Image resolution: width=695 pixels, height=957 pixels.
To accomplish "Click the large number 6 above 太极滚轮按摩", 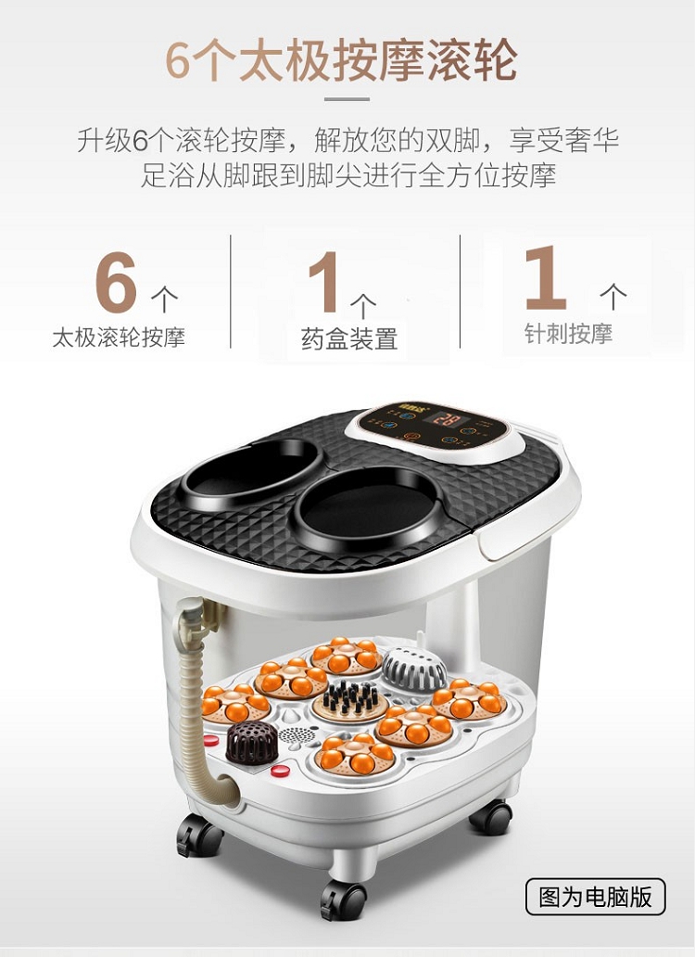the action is pos(116,282).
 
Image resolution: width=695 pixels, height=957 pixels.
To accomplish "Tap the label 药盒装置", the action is pos(349,338).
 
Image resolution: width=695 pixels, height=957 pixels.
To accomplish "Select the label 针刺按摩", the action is pos(568,334).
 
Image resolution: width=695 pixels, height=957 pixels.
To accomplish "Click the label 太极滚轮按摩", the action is pos(119,337).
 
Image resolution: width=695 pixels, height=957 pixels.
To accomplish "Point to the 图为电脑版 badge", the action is pos(595,897).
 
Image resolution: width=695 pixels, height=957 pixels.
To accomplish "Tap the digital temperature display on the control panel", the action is pos(443,420).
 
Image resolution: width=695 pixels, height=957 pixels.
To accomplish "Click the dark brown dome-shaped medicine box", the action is pos(252,742).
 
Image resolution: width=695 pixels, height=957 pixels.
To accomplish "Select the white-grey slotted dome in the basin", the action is pos(414,669).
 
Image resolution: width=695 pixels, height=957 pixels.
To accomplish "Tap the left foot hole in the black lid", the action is pos(251,471).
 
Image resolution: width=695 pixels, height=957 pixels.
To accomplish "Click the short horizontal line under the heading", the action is pos(347,99).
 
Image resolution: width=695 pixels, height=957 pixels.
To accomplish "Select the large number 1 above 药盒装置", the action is pos(323,282).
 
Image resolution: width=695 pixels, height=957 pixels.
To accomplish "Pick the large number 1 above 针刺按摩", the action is pos(546,277).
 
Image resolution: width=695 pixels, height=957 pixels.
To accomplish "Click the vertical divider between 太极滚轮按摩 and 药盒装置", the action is pos(231,292).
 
